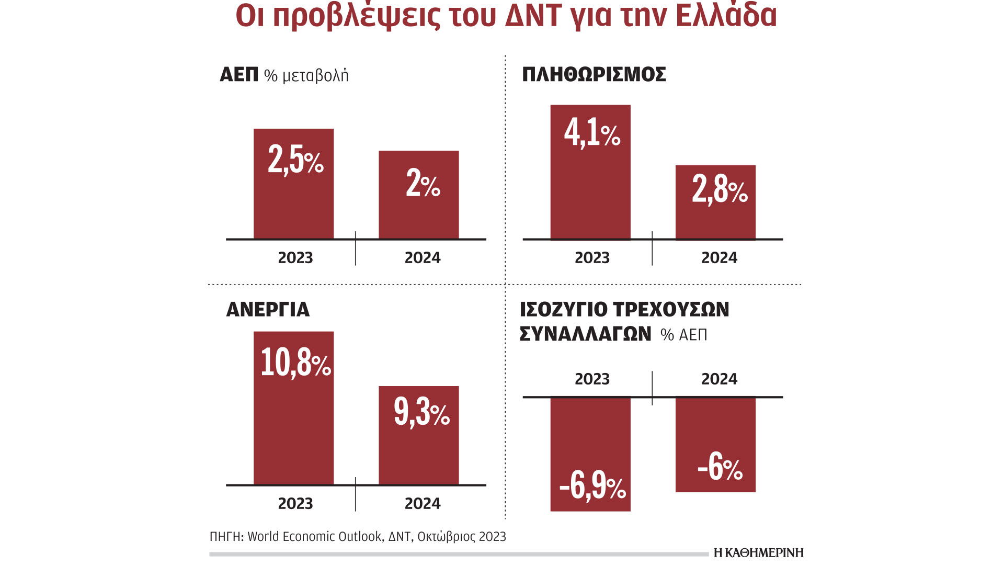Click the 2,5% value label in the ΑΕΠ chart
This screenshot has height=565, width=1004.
pyautogui.click(x=295, y=159)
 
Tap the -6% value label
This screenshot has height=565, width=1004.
pyautogui.click(x=720, y=467)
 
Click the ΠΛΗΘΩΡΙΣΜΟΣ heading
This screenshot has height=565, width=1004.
pyautogui.click(x=594, y=74)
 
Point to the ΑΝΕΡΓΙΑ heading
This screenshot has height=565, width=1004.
pyautogui.click(x=268, y=310)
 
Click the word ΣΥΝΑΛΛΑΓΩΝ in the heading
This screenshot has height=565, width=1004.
pyautogui.click(x=585, y=334)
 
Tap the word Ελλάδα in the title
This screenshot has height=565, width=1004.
pyautogui.click(x=726, y=16)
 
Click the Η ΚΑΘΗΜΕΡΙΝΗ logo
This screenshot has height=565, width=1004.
pyautogui.click(x=758, y=552)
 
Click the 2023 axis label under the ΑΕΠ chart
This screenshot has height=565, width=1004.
pyautogui.click(x=295, y=257)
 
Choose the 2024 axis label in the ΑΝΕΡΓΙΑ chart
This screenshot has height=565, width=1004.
pyautogui.click(x=423, y=503)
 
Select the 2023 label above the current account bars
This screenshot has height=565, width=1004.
pyautogui.click(x=592, y=379)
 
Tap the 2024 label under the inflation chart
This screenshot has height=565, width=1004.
pyautogui.click(x=719, y=257)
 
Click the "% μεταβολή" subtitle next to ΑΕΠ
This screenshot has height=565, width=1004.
pyautogui.click(x=306, y=76)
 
